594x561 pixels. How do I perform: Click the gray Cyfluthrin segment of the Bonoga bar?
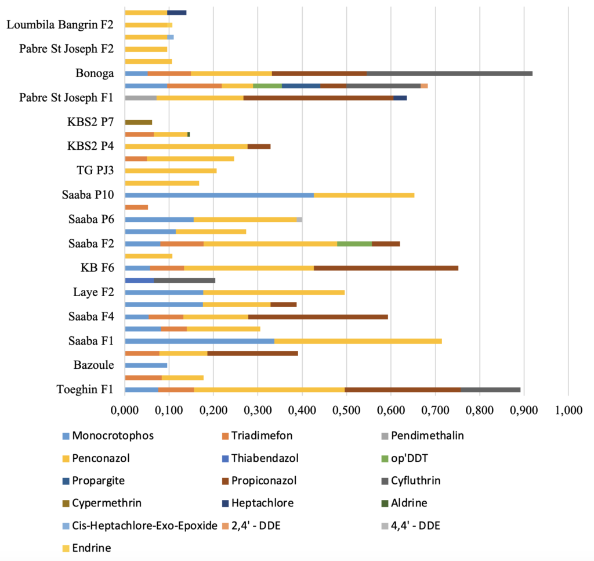click(x=449, y=74)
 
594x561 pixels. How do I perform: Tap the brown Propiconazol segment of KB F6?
click(x=386, y=268)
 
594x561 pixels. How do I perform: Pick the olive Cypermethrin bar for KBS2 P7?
click(x=138, y=122)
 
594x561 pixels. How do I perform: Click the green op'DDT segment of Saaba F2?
click(x=354, y=243)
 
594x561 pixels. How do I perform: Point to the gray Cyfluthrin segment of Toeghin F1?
click(x=490, y=390)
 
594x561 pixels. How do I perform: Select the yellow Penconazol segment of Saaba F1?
click(x=358, y=341)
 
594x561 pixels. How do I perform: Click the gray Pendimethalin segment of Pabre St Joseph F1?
click(x=140, y=98)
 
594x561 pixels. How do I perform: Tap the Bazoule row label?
click(x=93, y=365)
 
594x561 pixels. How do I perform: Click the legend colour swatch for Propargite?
click(x=66, y=481)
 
